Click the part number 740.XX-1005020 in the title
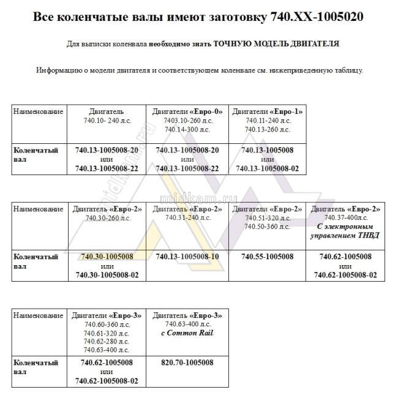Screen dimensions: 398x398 coord(316,17)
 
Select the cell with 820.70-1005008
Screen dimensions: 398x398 coord(187,362)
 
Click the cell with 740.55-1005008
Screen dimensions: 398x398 coord(267,257)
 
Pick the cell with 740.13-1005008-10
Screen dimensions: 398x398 coord(187,257)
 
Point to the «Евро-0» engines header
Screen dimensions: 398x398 coord(187,111)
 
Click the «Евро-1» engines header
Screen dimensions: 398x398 coord(267,111)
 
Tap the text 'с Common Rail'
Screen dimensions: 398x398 coord(187,333)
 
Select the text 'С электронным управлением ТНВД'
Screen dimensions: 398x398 coord(346,231)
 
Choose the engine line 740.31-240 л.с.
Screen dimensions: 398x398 coord(187,218)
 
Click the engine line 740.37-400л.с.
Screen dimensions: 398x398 coord(346,218)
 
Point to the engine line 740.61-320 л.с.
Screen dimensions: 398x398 coord(107,332)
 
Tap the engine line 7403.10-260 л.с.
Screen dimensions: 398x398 coord(187,121)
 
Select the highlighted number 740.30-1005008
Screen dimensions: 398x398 coord(107,257)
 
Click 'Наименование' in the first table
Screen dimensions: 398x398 coord(38,112)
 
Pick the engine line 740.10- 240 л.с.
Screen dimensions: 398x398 coord(107,121)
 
